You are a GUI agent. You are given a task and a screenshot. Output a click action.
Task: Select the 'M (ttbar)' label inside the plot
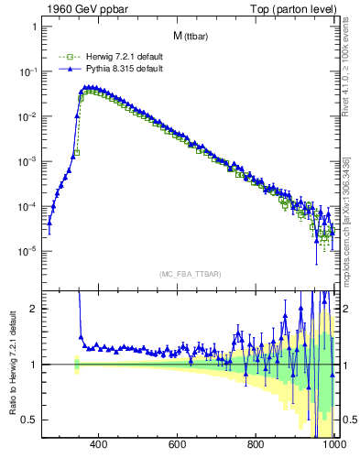[x=191, y=36]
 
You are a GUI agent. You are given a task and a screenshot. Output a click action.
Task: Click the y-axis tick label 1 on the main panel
[x=34, y=27]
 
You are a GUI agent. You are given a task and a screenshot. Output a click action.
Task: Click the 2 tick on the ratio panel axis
[x=34, y=309]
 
